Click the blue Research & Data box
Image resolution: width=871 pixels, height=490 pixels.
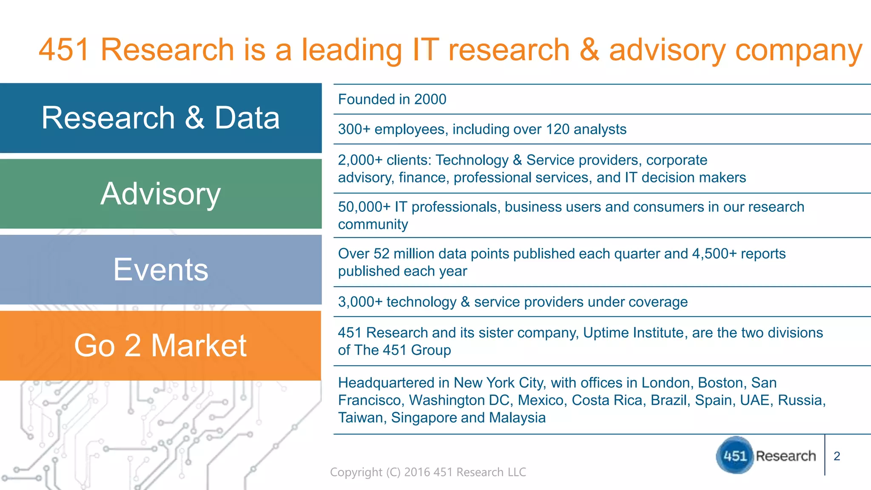[x=161, y=118]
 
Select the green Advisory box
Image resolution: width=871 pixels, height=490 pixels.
[x=161, y=194]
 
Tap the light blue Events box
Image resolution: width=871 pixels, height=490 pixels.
[x=161, y=270]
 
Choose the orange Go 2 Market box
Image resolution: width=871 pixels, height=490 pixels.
[x=161, y=345]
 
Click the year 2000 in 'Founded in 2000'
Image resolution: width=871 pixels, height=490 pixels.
[x=430, y=100]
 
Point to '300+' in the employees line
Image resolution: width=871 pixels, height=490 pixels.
[x=354, y=129]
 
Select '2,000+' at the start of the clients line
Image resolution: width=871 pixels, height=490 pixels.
[x=360, y=160]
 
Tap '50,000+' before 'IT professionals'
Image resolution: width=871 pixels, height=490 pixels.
[x=364, y=207]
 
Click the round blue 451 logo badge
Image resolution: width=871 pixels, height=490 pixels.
[x=734, y=456]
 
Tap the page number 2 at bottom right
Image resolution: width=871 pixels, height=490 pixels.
[x=837, y=456]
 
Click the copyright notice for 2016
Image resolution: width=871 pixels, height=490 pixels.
[x=428, y=472]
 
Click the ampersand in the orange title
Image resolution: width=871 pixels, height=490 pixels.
[x=589, y=50]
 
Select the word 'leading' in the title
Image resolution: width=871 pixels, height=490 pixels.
[x=351, y=50]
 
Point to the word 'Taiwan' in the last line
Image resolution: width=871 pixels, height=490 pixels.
[x=361, y=418]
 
